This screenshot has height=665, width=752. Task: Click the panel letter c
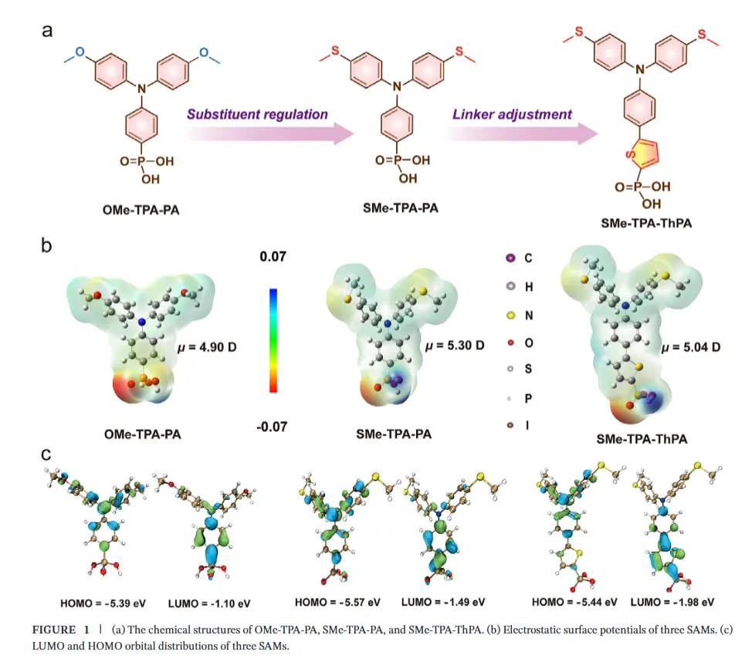(x=46, y=453)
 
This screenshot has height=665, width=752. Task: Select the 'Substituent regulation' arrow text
(x=257, y=114)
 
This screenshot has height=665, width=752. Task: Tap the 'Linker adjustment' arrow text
(x=512, y=114)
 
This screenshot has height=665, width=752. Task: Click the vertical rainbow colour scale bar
(x=273, y=339)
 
